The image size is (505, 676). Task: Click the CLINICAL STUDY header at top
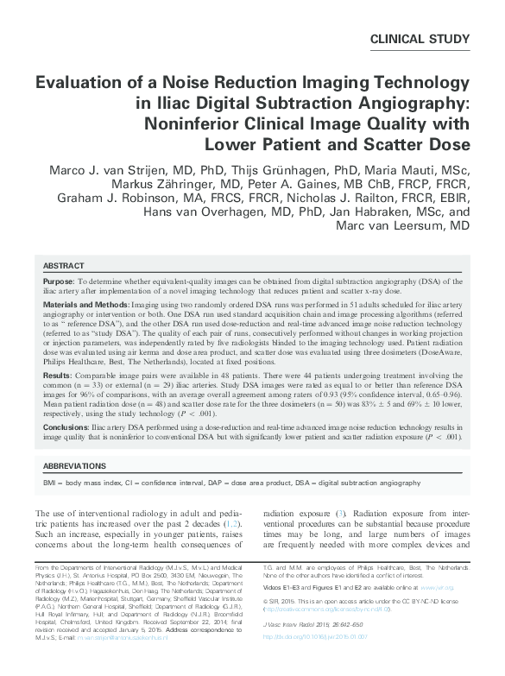[x=419, y=40]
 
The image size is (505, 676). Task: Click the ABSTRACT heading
[x=64, y=267]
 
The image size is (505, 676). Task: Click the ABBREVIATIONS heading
[x=81, y=465]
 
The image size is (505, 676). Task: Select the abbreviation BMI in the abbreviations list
[x=51, y=482]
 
